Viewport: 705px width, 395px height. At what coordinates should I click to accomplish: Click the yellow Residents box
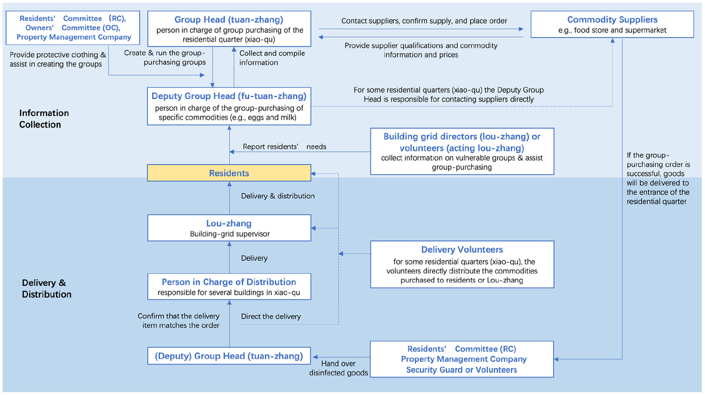(229, 173)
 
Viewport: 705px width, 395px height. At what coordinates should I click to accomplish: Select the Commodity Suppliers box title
(612, 20)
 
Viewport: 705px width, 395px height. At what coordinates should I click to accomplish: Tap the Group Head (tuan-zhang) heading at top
(229, 20)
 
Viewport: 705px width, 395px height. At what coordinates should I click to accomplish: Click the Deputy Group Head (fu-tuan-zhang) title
(229, 96)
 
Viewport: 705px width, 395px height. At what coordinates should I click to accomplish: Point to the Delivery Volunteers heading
(462, 250)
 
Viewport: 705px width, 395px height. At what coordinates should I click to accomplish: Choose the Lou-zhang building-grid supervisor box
(229, 228)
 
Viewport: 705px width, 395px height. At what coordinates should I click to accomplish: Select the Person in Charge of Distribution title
(229, 282)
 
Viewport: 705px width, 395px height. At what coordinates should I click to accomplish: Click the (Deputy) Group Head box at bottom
(229, 356)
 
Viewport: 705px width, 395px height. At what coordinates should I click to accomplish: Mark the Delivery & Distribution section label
(47, 289)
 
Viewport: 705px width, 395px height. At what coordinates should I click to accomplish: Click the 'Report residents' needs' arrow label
(284, 147)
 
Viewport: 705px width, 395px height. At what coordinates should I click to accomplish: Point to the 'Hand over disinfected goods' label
(338, 368)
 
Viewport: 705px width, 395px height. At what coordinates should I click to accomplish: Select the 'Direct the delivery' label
(271, 316)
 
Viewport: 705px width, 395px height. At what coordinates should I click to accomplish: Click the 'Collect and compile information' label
(272, 58)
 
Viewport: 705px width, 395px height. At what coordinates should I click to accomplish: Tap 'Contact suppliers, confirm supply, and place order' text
(424, 21)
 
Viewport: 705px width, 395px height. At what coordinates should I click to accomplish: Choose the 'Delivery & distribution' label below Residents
(277, 196)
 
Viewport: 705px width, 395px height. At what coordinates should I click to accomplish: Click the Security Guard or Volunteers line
(462, 370)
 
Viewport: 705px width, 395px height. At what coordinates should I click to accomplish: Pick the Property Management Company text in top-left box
(74, 37)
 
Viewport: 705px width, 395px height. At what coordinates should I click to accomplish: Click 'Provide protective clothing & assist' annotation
(57, 59)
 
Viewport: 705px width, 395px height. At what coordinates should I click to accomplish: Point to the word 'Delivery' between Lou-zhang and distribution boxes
(254, 258)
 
